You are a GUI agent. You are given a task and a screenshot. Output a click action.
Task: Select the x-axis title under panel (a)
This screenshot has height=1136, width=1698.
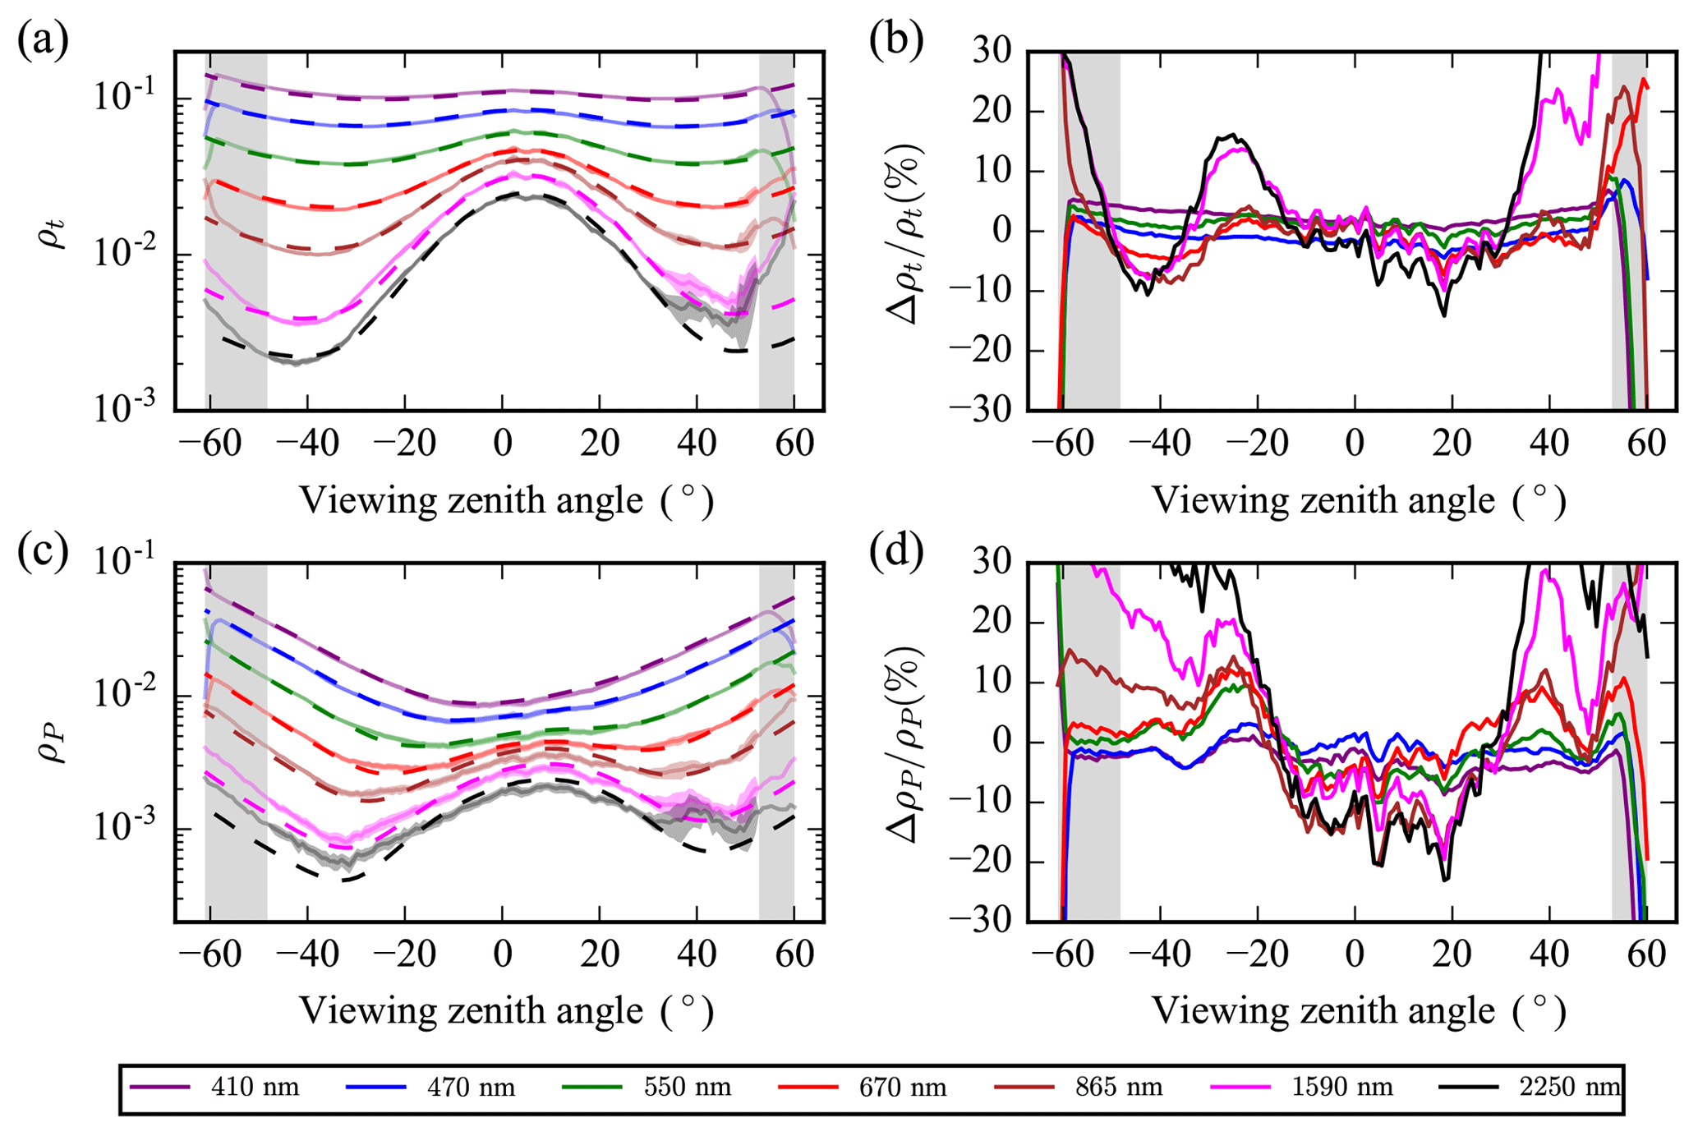(506, 500)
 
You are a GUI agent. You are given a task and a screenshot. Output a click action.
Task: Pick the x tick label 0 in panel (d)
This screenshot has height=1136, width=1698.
(1355, 954)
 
